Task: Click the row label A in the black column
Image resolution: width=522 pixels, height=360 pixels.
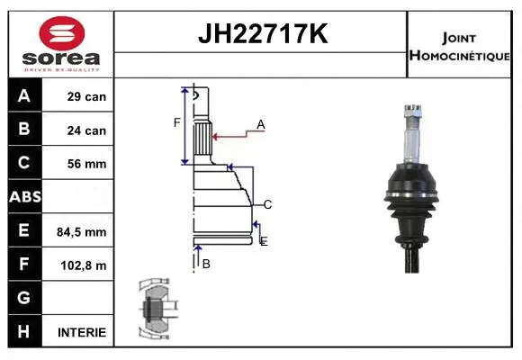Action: pos(24,96)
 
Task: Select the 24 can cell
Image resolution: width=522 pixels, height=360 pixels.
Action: pos(86,130)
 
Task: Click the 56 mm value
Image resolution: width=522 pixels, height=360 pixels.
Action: pos(86,164)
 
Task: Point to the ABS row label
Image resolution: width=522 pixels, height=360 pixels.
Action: pos(24,197)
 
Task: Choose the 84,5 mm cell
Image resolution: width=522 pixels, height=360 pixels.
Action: pos(82,231)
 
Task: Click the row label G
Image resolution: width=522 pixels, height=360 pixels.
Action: pos(24,298)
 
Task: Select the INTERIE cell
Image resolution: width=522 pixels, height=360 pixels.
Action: pos(82,332)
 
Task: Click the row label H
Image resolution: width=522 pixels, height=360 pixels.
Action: pos(24,331)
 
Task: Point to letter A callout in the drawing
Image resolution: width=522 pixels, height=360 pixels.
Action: pos(261,124)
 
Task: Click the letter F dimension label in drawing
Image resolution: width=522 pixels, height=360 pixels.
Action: pos(177,122)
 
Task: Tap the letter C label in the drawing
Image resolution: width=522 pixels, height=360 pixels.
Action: pos(267,204)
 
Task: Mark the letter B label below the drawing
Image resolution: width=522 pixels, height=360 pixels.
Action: pos(206,264)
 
